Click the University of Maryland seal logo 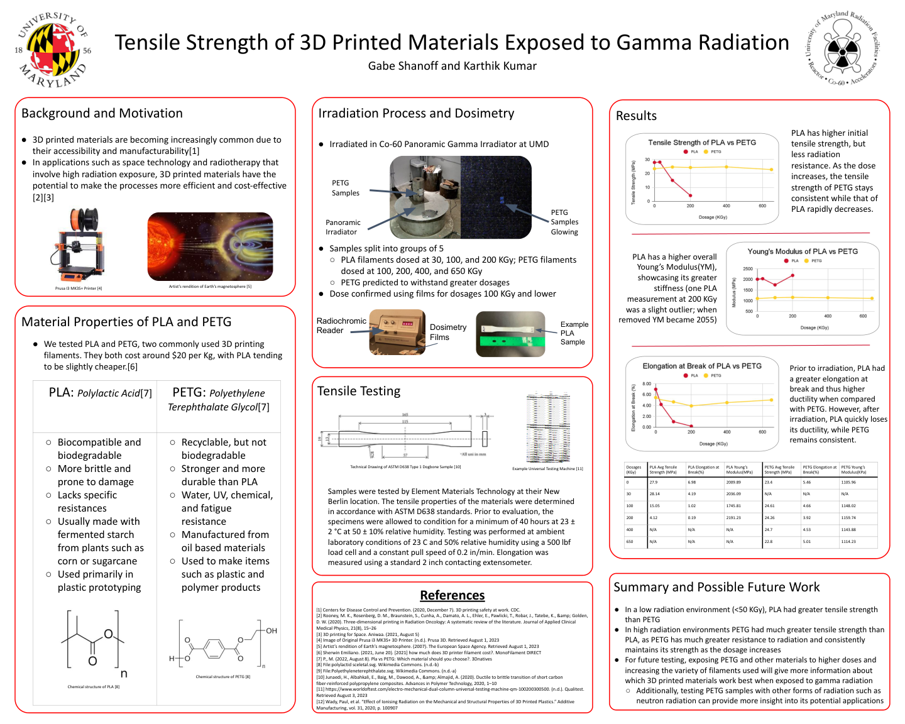pyautogui.click(x=52, y=50)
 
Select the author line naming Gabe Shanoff pyautogui.click(x=452, y=66)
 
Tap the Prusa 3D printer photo pyautogui.click(x=79, y=246)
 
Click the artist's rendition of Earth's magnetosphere pyautogui.click(x=210, y=246)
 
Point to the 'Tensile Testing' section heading pyautogui.click(x=359, y=391)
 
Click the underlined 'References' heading pyautogui.click(x=452, y=595)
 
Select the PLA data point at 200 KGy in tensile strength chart pyautogui.click(x=690, y=195)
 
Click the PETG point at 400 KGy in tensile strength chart pyautogui.click(x=727, y=167)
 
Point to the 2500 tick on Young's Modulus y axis pyautogui.click(x=748, y=269)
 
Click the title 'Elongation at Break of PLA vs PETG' pyautogui.click(x=701, y=366)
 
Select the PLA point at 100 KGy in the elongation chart pyautogui.click(x=674, y=421)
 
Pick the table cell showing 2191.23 pyautogui.click(x=733, y=518)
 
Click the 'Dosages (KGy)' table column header pyautogui.click(x=634, y=470)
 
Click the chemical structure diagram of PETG pyautogui.click(x=223, y=644)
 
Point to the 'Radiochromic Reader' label pyautogui.click(x=341, y=326)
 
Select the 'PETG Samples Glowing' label pyautogui.click(x=564, y=222)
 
